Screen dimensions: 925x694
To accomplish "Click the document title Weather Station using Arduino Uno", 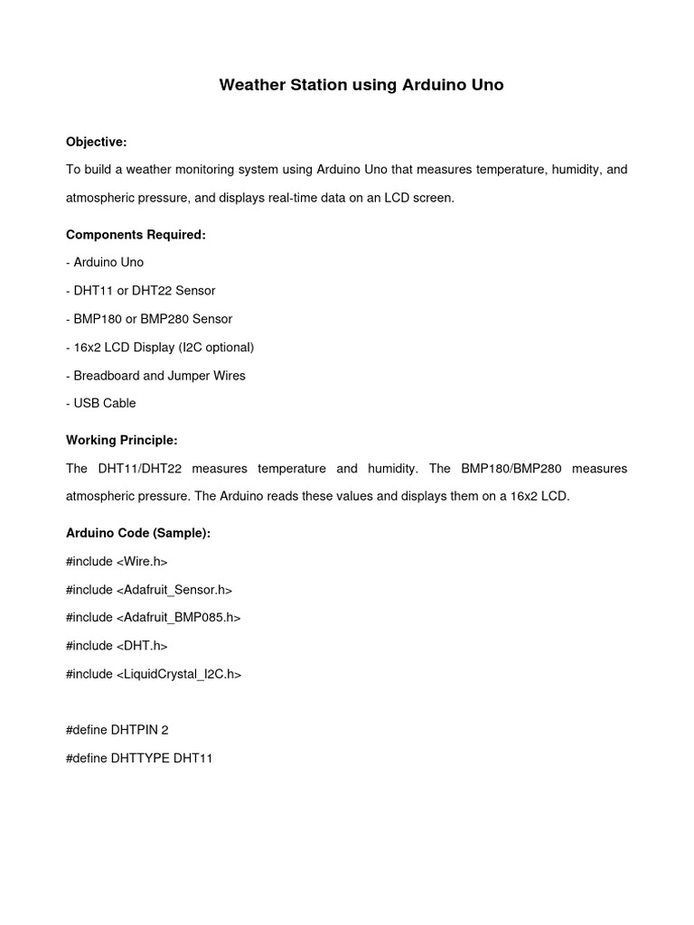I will click(x=361, y=86).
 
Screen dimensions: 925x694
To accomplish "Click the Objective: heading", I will click(x=97, y=142).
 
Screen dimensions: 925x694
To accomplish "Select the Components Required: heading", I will click(x=136, y=235).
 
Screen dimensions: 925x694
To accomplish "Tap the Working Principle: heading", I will click(x=122, y=440).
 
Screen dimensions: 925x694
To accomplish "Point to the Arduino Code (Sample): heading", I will click(x=138, y=533).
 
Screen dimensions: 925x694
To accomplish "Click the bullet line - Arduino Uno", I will click(x=105, y=263).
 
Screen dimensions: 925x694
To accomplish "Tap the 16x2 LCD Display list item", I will click(x=160, y=347).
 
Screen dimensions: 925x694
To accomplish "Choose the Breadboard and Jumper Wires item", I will click(x=155, y=375).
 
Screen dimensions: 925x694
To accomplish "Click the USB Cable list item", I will click(x=101, y=403).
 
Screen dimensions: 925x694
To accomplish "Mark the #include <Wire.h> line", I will click(x=117, y=562).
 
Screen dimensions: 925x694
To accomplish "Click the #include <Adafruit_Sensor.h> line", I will click(x=149, y=590).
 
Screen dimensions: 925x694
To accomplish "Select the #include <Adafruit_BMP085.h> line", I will click(x=154, y=618).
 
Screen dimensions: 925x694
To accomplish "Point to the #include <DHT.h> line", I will click(x=117, y=646).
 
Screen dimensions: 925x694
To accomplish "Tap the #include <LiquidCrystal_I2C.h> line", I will click(x=154, y=674).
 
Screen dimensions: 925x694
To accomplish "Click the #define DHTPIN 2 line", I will click(x=117, y=730).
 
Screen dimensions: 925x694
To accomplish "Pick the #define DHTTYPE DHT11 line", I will click(x=139, y=758).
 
